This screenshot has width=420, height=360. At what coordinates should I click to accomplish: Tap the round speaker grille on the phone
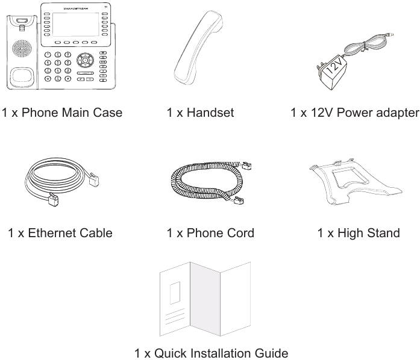(x=21, y=49)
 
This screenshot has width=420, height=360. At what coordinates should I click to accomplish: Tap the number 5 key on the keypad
(x=58, y=62)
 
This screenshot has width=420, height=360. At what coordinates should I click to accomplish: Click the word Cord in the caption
(x=239, y=232)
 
